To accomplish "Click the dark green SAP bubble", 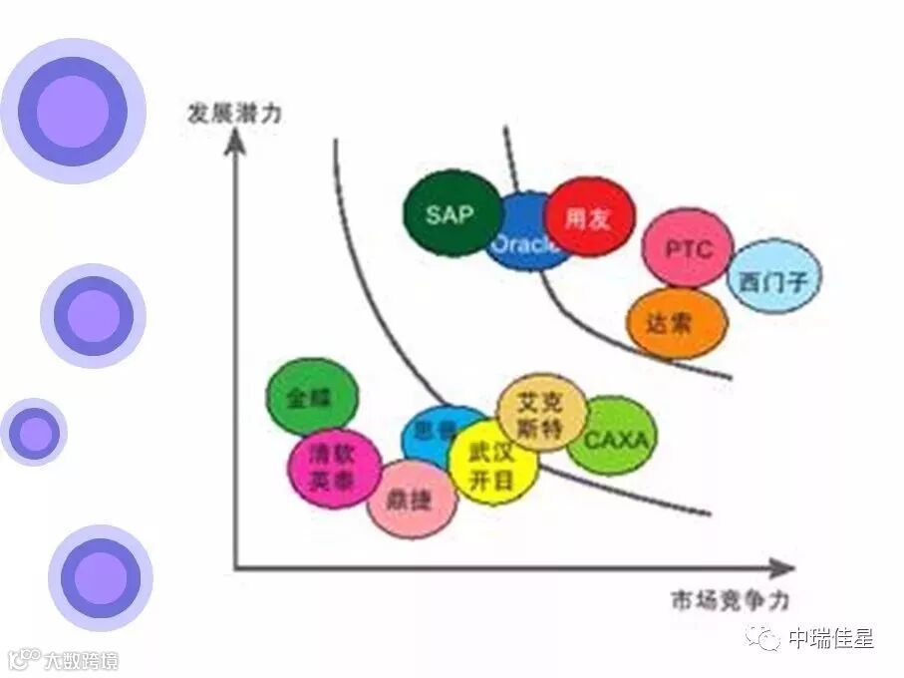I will (x=452, y=213).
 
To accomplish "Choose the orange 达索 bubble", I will (x=676, y=323).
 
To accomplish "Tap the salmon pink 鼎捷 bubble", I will (x=410, y=499).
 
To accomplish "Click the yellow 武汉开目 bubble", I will (x=491, y=466).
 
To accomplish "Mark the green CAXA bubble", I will (x=613, y=437).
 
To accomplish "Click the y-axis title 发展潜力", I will (x=233, y=111).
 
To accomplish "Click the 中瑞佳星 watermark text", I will (x=829, y=638).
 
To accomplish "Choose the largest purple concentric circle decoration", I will (x=73, y=112).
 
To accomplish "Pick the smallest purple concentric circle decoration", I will (x=35, y=433).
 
